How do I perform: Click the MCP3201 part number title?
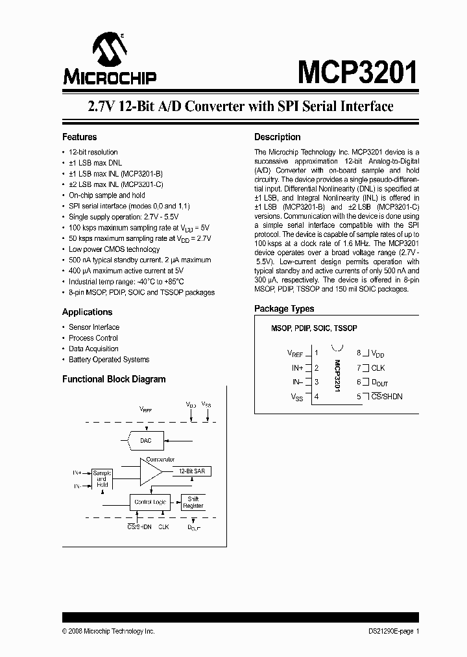[x=357, y=72]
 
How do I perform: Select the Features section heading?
[x=79, y=137]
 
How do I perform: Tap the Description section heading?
[x=277, y=137]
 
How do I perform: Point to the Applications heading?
[x=87, y=312]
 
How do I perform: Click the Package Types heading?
[x=284, y=309]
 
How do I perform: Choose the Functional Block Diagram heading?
[x=114, y=379]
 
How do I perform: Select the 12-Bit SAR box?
[x=193, y=471]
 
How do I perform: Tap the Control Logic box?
[x=150, y=502]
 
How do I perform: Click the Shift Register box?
[x=193, y=502]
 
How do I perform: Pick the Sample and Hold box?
[x=101, y=479]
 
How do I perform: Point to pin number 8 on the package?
[x=359, y=353]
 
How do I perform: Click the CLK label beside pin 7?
[x=377, y=367]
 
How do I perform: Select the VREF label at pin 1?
[x=294, y=354]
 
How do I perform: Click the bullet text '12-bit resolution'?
[x=93, y=152]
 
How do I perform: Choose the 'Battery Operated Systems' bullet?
[x=109, y=359]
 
